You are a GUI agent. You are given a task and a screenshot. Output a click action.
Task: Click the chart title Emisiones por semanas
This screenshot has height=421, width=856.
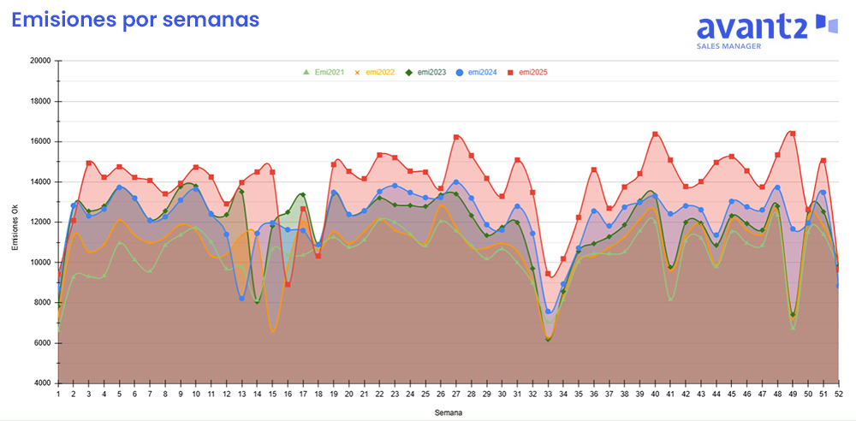tap(134, 20)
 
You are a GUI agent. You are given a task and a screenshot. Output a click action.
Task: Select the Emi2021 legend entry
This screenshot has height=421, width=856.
tap(324, 72)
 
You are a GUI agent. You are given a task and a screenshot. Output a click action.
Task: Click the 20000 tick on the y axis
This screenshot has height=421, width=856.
tap(39, 61)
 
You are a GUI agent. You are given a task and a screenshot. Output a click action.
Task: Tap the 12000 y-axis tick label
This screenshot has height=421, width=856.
tap(39, 222)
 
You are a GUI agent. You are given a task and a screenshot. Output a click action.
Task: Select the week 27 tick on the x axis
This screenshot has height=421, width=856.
tap(456, 394)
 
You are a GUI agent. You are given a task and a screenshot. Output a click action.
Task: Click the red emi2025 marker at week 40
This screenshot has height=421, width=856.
tap(655, 134)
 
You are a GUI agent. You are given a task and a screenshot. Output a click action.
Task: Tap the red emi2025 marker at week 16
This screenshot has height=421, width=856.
tap(288, 284)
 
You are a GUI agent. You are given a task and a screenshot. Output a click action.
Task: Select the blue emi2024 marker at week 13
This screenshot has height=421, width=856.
tap(242, 299)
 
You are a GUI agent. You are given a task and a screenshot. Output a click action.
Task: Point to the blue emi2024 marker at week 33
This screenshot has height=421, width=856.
tap(548, 311)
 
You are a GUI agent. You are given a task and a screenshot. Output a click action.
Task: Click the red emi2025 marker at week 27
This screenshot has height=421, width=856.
tap(456, 137)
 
